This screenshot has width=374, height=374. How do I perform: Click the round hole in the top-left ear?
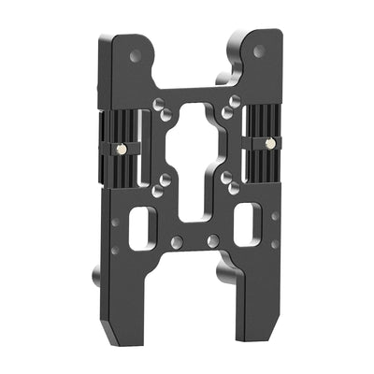pos(137,56)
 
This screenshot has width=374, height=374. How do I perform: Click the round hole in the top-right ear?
pos(259,51)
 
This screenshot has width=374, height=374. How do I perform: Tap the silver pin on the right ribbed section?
pos(269,143)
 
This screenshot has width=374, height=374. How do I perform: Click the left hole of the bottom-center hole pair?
pos(176,242)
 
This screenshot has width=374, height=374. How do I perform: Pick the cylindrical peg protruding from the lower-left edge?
pos(97,278)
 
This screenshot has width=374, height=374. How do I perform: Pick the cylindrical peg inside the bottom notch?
pos(224,274)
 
